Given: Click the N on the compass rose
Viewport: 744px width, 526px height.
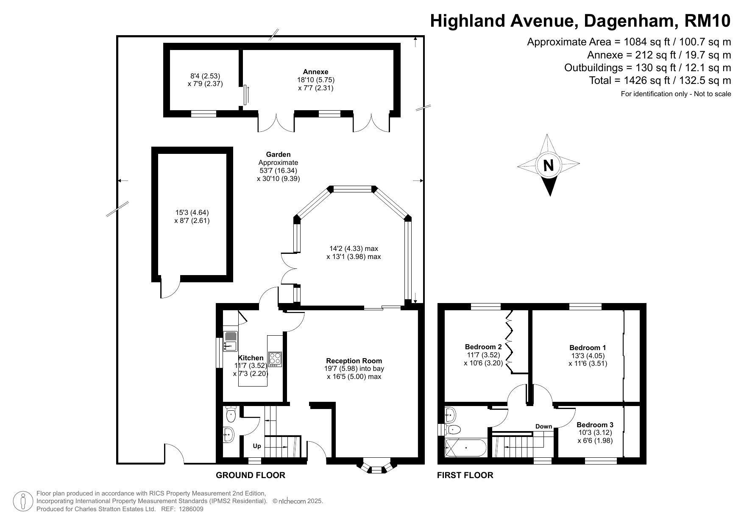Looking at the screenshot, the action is (x=548, y=165).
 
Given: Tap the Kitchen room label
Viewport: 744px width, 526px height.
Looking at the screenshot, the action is (x=251, y=358).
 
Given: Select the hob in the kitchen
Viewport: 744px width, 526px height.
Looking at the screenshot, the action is (x=275, y=359).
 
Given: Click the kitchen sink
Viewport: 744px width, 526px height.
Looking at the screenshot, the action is (x=231, y=341).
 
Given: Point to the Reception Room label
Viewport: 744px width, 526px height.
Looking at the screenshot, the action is (x=354, y=361).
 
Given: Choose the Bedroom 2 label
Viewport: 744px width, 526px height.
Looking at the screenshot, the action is (x=483, y=347).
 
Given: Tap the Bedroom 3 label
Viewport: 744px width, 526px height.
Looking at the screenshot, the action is (x=595, y=425).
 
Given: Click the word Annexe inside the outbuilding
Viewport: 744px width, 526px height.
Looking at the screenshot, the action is (x=315, y=72).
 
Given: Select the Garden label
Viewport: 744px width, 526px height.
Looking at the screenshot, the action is (x=278, y=154).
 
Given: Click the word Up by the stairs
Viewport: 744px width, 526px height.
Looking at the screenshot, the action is (x=257, y=446).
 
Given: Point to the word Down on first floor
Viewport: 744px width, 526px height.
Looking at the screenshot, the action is (x=543, y=426).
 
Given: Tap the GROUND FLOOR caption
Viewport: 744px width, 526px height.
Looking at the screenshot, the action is (x=251, y=475).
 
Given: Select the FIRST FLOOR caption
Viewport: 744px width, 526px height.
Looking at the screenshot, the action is (x=465, y=475).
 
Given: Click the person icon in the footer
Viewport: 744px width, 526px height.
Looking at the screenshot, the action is (x=24, y=501).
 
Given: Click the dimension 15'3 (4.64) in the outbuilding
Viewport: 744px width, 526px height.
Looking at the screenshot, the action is (x=192, y=213).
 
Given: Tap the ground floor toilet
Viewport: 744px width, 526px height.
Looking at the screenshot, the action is (x=231, y=415).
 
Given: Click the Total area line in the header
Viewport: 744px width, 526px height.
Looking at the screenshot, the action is (x=660, y=80).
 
